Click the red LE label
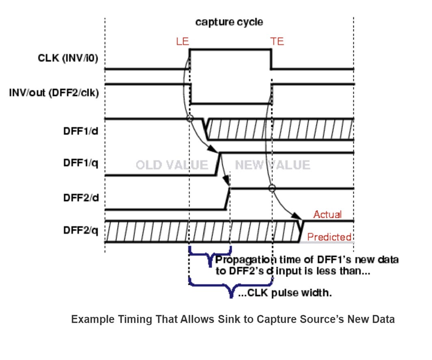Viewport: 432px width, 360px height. pos(182,41)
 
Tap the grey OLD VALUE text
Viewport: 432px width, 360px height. pos(172,165)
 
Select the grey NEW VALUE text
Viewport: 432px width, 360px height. pos(272,165)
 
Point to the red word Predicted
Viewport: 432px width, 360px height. pos(329,237)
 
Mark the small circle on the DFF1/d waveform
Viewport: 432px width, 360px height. pos(190,119)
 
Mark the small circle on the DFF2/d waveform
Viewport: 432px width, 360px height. pos(272,188)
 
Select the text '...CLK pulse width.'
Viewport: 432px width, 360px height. pos(284,293)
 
